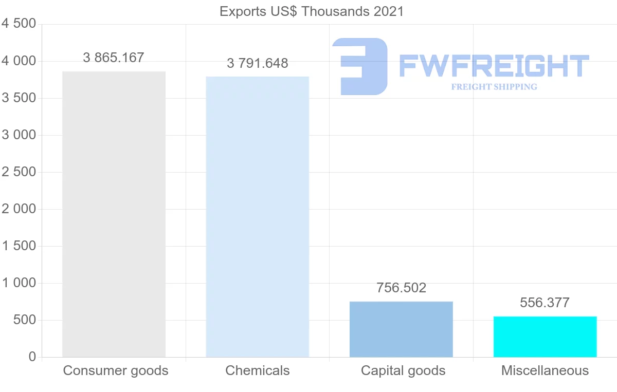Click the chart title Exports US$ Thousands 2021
[x=312, y=11]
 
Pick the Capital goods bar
[x=401, y=329]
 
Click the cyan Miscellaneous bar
[x=545, y=337]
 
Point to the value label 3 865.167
[x=114, y=58]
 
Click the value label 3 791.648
[x=257, y=63]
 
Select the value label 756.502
[x=401, y=288]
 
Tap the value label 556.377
[x=545, y=303]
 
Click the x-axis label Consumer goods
[x=116, y=370]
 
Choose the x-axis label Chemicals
[x=258, y=370]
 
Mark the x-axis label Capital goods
[x=403, y=370]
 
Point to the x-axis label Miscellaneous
[x=545, y=370]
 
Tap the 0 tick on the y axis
[x=32, y=357]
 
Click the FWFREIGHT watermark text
[x=494, y=66]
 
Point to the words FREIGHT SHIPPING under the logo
[x=494, y=87]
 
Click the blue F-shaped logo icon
[x=359, y=66]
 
